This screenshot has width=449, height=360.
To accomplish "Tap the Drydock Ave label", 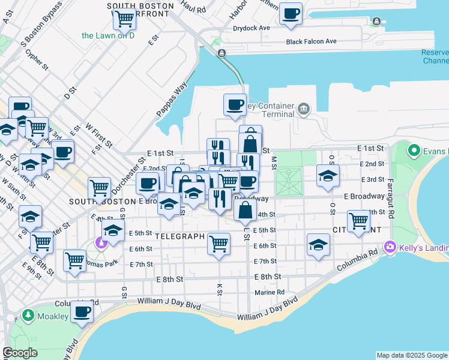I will pos(252,28).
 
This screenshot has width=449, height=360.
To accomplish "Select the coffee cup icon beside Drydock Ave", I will pos(291,13).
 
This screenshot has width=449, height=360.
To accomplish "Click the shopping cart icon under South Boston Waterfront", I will pos(124,19).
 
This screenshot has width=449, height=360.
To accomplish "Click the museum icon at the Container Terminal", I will pos(304,109).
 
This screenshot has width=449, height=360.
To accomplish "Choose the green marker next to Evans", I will pos(414,149).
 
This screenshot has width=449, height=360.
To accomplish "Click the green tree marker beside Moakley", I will pos(27,315).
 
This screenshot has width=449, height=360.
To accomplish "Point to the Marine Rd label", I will pos(268,293).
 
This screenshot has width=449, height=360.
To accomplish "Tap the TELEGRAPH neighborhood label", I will pos(180,236).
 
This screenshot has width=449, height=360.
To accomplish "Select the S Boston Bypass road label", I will pos(41,24).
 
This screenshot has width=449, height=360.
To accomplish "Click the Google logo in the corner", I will pos(20,353).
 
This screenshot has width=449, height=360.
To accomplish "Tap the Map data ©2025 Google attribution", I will pos(411,355).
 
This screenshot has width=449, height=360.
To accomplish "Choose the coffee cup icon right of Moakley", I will pos(82,312).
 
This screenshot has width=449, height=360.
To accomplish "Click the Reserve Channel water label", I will pos(435,56).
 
